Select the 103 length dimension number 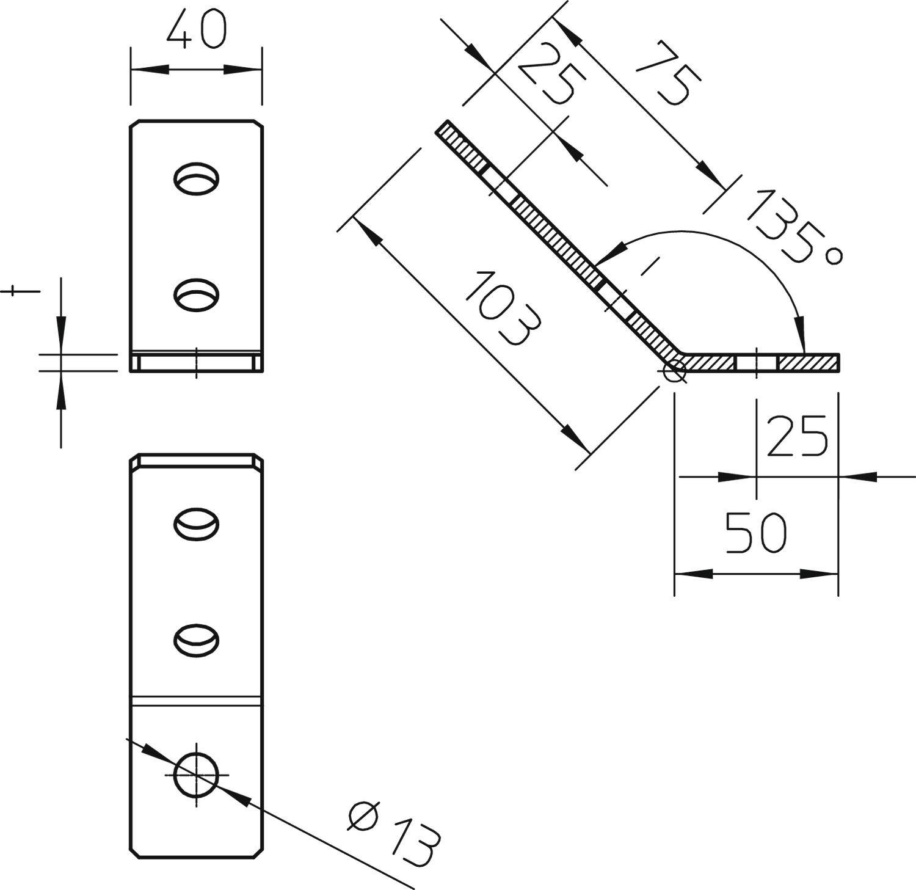[502, 310]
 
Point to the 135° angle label [792, 228]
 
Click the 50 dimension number [756, 533]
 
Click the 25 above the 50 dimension [797, 436]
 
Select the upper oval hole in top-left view [197, 178]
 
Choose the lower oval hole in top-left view [197, 294]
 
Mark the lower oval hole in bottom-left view [197, 639]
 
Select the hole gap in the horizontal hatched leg [756, 362]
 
